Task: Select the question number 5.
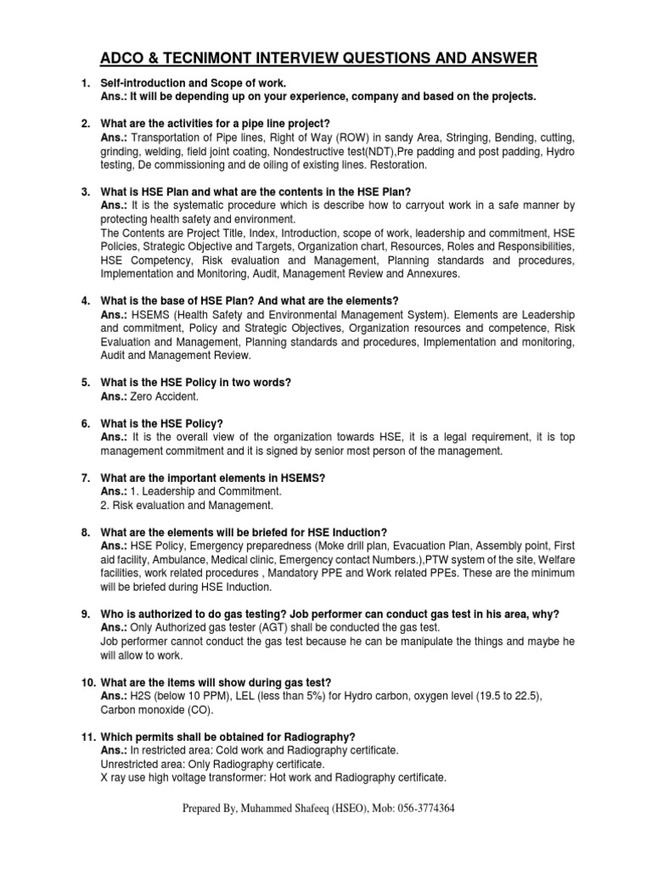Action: (x=86, y=383)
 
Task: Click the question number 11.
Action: (x=88, y=736)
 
